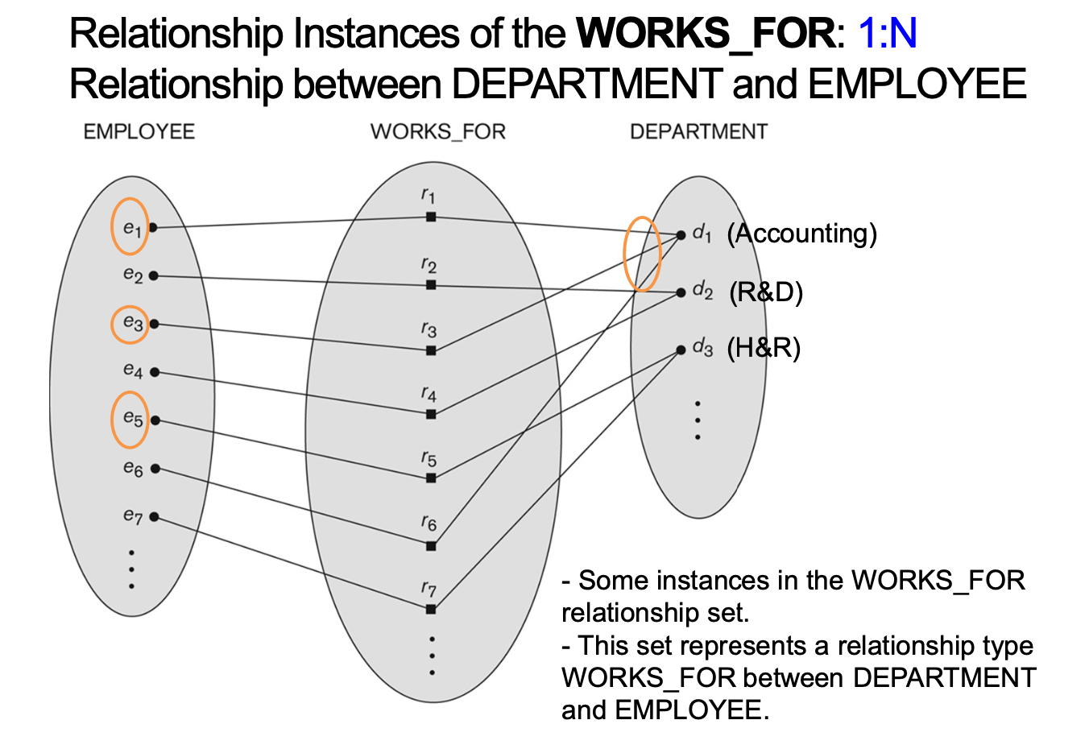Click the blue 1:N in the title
pos(888,34)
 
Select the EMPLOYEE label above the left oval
pos(139,132)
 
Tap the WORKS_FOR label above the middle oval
pos(437,132)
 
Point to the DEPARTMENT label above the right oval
pos(698,132)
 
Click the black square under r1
pos(431,217)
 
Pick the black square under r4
pos(431,414)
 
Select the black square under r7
pos(431,609)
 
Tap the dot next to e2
pos(154,275)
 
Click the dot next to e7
pos(154,517)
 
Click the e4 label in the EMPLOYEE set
pos(133,370)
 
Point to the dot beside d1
pos(681,235)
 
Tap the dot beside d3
pos(681,350)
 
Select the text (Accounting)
pos(801,234)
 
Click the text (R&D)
pos(766,292)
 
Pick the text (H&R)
pos(764,348)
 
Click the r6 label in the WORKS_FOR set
pos(429,523)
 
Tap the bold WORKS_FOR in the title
pos(706,34)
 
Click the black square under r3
pos(431,350)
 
